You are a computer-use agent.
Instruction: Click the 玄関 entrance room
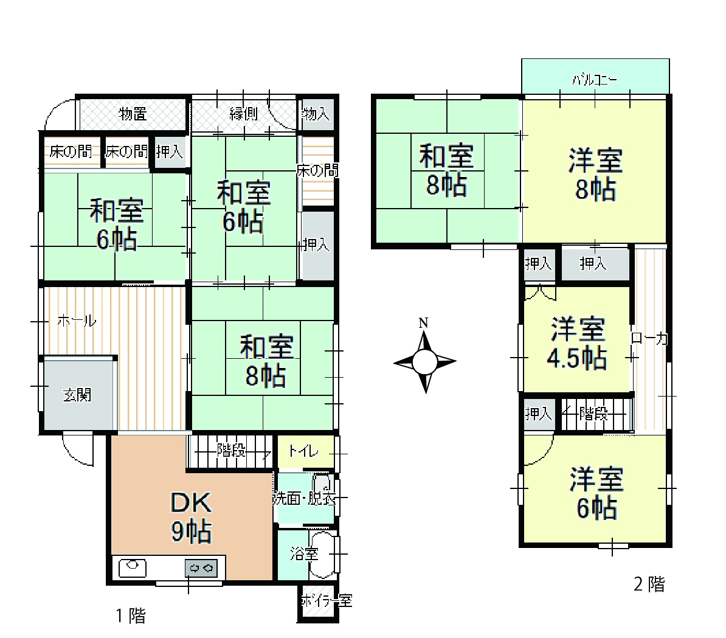(78, 394)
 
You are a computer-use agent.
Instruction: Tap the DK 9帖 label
(192, 517)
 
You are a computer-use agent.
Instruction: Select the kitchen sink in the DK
(133, 567)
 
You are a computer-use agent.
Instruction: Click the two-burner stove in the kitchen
(201, 568)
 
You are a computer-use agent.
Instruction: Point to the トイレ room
(306, 451)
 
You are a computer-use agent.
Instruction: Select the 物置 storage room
(133, 114)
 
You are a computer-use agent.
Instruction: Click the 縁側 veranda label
(244, 114)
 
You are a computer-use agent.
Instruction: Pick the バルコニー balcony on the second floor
(595, 77)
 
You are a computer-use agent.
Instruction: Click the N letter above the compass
(423, 323)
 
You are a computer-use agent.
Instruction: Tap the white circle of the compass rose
(424, 362)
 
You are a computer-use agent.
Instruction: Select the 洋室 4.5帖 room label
(578, 343)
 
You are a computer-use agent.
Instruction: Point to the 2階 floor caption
(649, 584)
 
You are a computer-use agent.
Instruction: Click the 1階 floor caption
(131, 615)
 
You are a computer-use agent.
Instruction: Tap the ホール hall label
(77, 321)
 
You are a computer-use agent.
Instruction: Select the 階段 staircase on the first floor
(230, 451)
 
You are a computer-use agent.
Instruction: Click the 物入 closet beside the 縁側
(316, 114)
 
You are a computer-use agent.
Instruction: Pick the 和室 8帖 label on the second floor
(446, 170)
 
